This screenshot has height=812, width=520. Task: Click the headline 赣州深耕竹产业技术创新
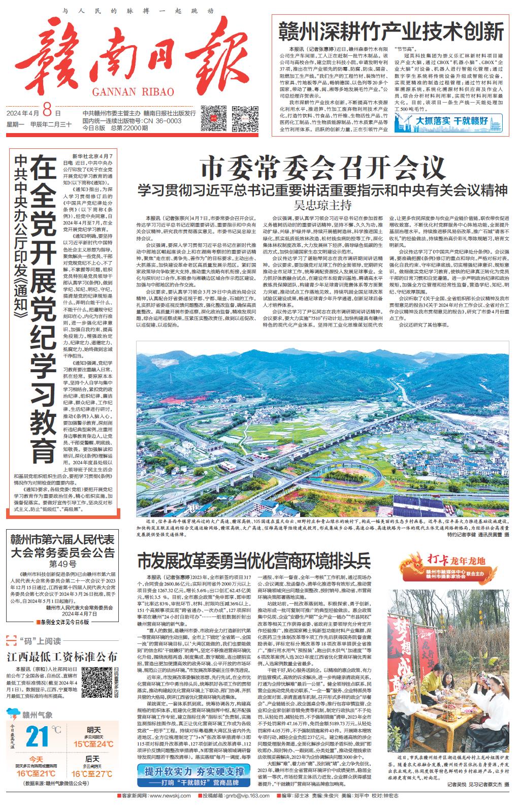(391, 31)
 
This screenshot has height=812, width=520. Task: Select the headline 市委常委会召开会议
(322, 167)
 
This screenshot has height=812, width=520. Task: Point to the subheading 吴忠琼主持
(323, 205)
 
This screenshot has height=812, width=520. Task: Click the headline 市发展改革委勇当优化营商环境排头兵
(254, 561)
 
